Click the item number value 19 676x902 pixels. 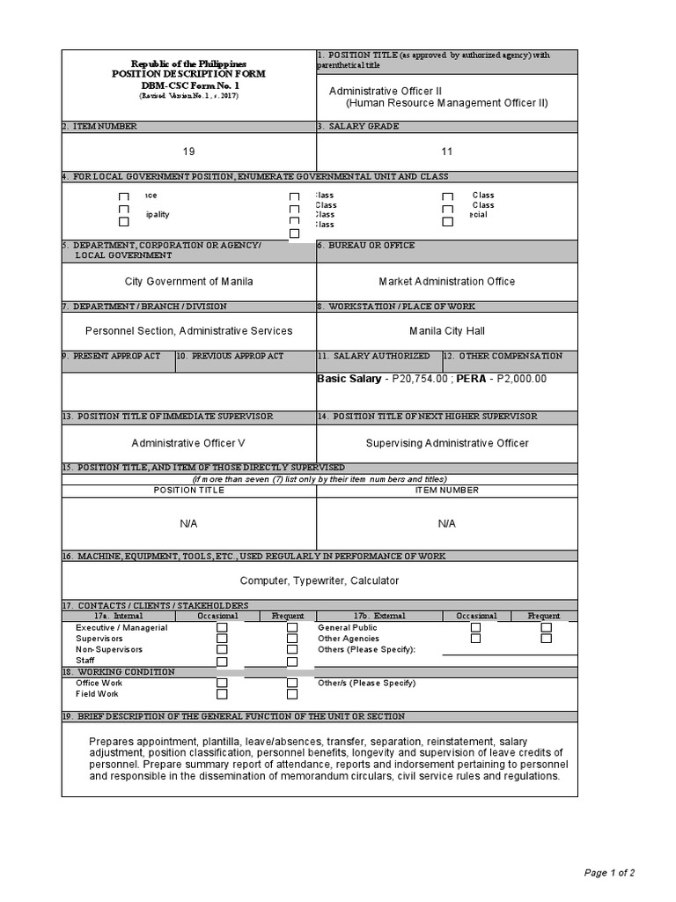[188, 152]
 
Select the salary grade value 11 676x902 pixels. [447, 152]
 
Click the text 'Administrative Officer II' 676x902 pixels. [386, 91]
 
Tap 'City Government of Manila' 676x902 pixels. [188, 282]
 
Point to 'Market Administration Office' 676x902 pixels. [447, 282]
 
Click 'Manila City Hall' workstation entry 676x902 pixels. [447, 331]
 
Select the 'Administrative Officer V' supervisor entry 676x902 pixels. [188, 443]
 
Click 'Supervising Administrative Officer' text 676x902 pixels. [447, 443]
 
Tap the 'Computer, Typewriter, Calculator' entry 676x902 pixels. [320, 580]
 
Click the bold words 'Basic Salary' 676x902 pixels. [349, 379]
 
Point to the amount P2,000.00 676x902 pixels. [522, 379]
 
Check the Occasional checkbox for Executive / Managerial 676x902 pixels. [222, 628]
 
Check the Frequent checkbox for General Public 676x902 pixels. [546, 628]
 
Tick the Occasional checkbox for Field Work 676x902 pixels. [222, 695]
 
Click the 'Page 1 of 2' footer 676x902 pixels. [609, 873]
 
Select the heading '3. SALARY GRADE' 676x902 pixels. [358, 126]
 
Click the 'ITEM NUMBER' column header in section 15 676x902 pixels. [447, 490]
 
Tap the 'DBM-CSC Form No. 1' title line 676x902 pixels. [188, 85]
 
